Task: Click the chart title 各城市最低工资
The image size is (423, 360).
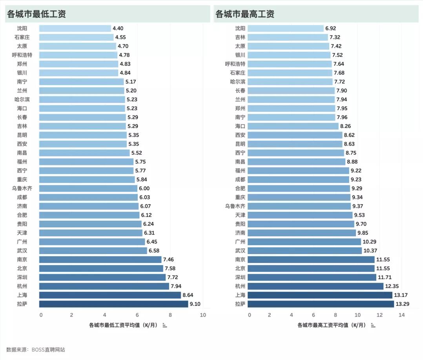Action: [x=36, y=14]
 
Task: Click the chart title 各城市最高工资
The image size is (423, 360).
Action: [x=245, y=14]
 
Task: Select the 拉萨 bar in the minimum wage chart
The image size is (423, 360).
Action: [x=113, y=304]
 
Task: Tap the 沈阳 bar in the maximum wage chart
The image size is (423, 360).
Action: [x=285, y=28]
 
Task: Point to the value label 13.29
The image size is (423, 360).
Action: [x=404, y=304]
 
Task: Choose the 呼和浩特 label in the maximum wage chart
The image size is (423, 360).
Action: [x=235, y=64]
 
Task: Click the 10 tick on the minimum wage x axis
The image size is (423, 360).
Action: [x=203, y=315]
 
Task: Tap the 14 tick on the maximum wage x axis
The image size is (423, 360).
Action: [x=401, y=315]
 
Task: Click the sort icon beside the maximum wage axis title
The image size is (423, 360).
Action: [x=373, y=325]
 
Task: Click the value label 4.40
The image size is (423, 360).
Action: [x=118, y=28]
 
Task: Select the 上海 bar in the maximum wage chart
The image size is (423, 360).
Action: [x=319, y=295]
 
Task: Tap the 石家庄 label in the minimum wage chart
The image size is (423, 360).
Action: [x=22, y=37]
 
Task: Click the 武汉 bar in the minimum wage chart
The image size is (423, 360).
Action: [x=93, y=251]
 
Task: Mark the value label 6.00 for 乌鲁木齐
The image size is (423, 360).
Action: [x=144, y=188]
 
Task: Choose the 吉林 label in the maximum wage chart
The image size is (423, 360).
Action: [x=240, y=37]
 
